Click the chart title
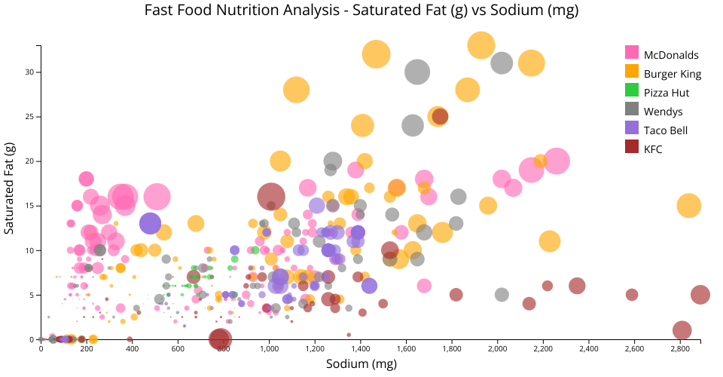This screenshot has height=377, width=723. (x=361, y=10)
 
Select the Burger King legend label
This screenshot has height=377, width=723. (x=673, y=74)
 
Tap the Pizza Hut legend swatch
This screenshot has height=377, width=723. (x=633, y=92)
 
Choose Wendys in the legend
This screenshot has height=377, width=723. (x=663, y=112)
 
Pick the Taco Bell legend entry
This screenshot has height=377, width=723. (x=666, y=130)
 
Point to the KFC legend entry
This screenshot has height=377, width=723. (x=653, y=149)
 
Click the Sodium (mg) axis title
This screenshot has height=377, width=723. (x=361, y=365)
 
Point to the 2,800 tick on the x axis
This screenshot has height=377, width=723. (x=680, y=349)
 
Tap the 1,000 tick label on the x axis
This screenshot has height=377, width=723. (x=269, y=349)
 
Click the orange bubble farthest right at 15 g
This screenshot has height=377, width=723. (x=689, y=205)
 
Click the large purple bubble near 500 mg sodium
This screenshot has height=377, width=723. (x=151, y=223)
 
